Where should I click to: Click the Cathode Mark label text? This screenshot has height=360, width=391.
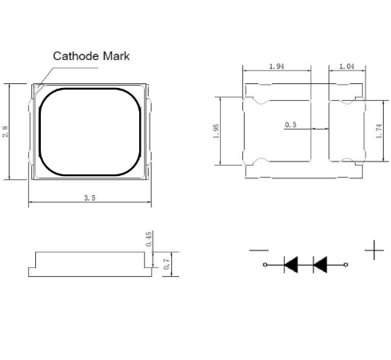(x=90, y=56)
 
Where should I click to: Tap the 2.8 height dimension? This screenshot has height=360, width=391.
(x=7, y=131)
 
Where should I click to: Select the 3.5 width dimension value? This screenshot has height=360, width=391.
(x=89, y=198)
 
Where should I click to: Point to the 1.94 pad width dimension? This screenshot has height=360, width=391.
(x=277, y=66)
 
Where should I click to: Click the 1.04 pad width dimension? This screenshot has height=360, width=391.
(x=346, y=66)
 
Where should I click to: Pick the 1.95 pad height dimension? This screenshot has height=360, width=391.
(x=217, y=130)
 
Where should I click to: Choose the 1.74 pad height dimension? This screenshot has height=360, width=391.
(x=379, y=130)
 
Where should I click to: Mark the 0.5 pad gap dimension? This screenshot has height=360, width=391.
(x=292, y=126)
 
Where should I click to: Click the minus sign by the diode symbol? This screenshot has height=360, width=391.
(x=258, y=250)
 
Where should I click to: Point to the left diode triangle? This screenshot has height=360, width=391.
(x=292, y=264)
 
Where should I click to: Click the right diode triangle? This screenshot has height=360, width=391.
(x=321, y=264)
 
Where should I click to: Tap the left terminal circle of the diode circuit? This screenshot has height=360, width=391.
(x=265, y=264)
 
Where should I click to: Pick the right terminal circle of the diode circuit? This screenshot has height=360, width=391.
(x=346, y=264)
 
